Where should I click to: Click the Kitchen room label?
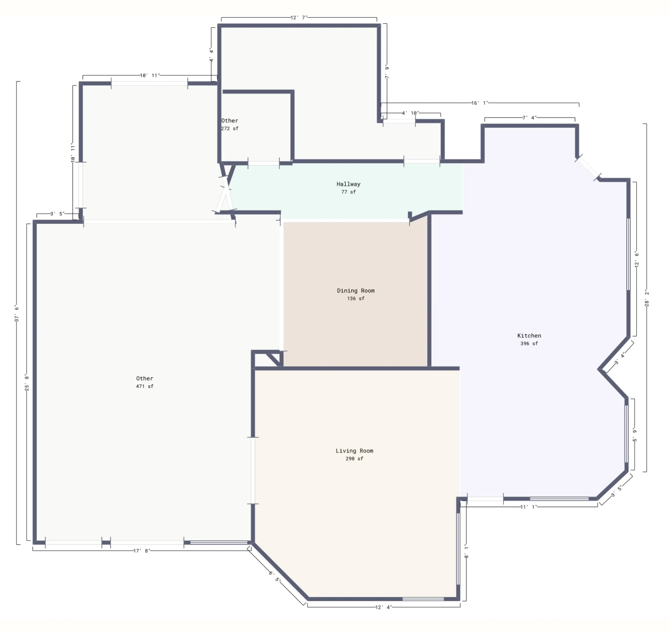pyautogui.click(x=529, y=336)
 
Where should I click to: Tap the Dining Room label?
pyautogui.click(x=356, y=291)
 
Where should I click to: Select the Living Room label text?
pyautogui.click(x=355, y=451)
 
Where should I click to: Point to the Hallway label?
pyautogui.click(x=348, y=184)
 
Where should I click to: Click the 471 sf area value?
pyautogui.click(x=145, y=386)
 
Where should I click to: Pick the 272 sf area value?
pyautogui.click(x=230, y=129)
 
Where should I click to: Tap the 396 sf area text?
pyautogui.click(x=529, y=344)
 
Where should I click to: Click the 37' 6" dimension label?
pyautogui.click(x=16, y=314)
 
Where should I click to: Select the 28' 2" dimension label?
pyautogui.click(x=646, y=298)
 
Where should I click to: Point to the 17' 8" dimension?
pyautogui.click(x=142, y=551)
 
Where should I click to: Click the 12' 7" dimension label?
pyautogui.click(x=299, y=17)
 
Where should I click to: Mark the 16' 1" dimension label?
pyautogui.click(x=479, y=103)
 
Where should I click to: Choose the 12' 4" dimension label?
pyautogui.click(x=384, y=607)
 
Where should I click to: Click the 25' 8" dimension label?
pyautogui.click(x=27, y=383)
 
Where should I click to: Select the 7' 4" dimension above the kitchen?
pyautogui.click(x=529, y=118)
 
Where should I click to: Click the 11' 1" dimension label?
pyautogui.click(x=529, y=507)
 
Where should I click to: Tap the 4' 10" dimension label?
pyautogui.click(x=411, y=113)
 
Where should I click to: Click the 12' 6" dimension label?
pyautogui.click(x=636, y=259)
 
